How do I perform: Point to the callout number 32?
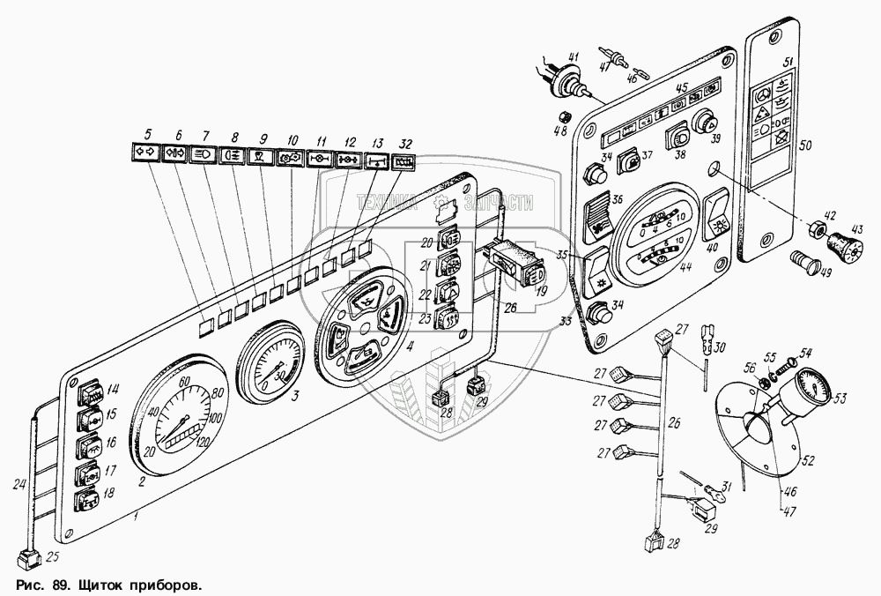click(404, 143)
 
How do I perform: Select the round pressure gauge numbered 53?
click(812, 388)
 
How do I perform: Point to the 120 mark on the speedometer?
click(201, 442)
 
